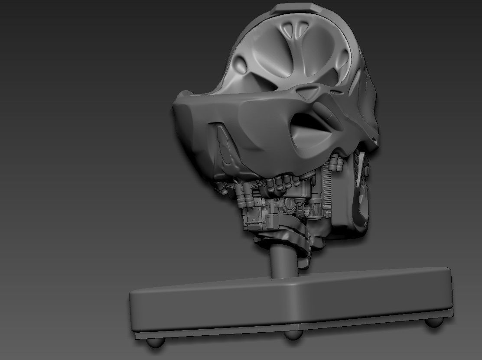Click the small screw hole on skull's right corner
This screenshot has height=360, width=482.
coord(374,139)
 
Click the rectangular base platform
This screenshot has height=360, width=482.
coord(290,303)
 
